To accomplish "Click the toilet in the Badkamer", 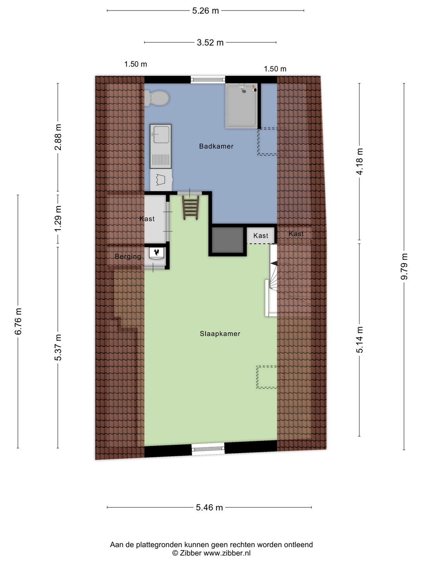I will [x=157, y=98].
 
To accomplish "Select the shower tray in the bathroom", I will [x=241, y=106].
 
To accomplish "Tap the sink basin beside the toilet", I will [x=161, y=134].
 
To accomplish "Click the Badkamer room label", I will [x=216, y=146].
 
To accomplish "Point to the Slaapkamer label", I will [x=220, y=333].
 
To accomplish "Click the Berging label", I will [x=128, y=256].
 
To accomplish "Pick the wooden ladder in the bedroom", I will [x=191, y=208].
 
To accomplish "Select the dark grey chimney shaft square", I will [x=228, y=240].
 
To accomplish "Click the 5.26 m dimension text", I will [x=206, y=11].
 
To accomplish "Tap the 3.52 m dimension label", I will [x=210, y=42].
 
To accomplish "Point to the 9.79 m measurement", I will [x=404, y=266].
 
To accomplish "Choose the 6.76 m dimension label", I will [x=18, y=321].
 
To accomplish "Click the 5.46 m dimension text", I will [x=209, y=507].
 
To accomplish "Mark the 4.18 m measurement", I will [x=359, y=157].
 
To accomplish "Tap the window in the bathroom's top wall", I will [x=208, y=79].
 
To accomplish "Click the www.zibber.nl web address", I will [x=227, y=553].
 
